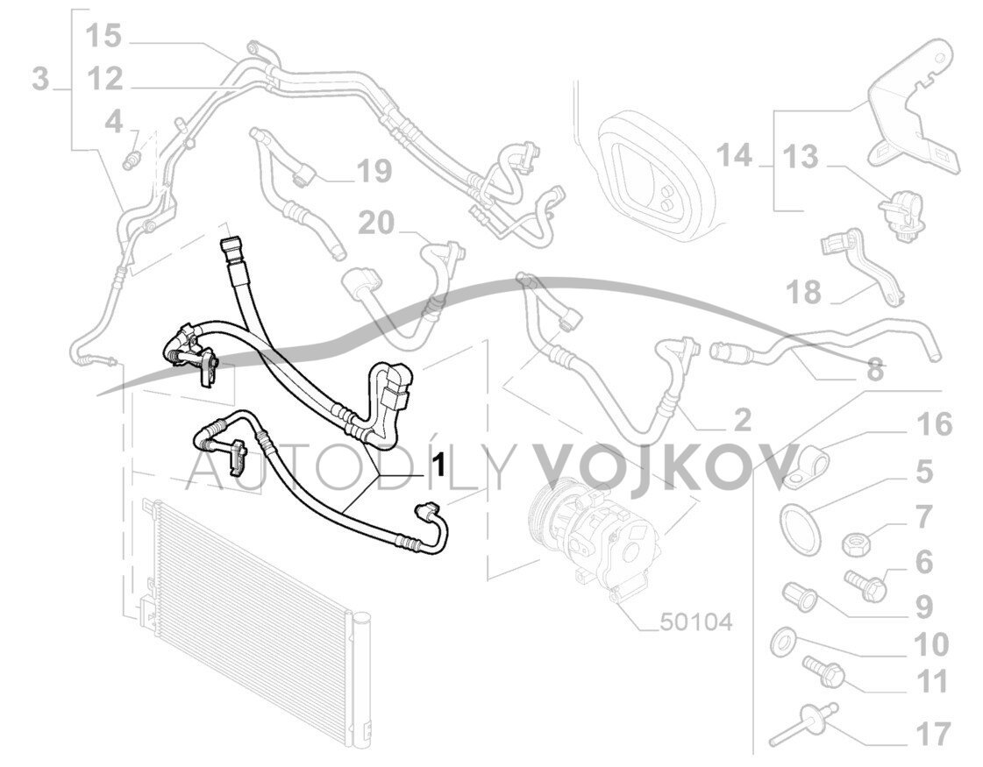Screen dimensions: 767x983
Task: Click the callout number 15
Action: coord(103,37)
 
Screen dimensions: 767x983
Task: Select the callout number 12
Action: coord(104,80)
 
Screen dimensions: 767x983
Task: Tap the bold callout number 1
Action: coord(435,461)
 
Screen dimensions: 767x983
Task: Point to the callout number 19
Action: coord(374,172)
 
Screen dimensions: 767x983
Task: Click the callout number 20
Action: coord(377,224)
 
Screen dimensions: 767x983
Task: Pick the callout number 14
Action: coord(734,157)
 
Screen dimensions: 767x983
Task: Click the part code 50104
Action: coord(697,621)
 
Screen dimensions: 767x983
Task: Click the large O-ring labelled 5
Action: coord(799,528)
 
